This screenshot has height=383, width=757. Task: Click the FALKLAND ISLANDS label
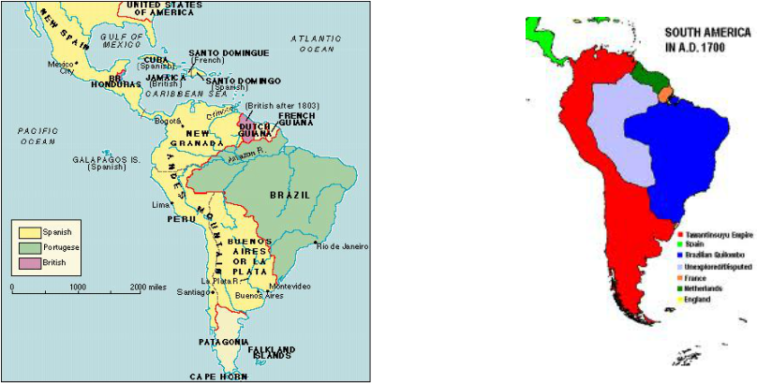[273, 352]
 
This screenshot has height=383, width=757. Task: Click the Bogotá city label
[168, 120]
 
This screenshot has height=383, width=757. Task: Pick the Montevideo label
[289, 286]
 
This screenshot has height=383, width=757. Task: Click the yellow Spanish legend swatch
[26, 232]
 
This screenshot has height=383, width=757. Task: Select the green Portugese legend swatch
[26, 248]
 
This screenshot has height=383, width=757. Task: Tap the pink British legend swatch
[26, 264]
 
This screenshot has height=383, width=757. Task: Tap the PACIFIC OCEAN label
[38, 137]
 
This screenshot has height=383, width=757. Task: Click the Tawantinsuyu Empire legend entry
[717, 233]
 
